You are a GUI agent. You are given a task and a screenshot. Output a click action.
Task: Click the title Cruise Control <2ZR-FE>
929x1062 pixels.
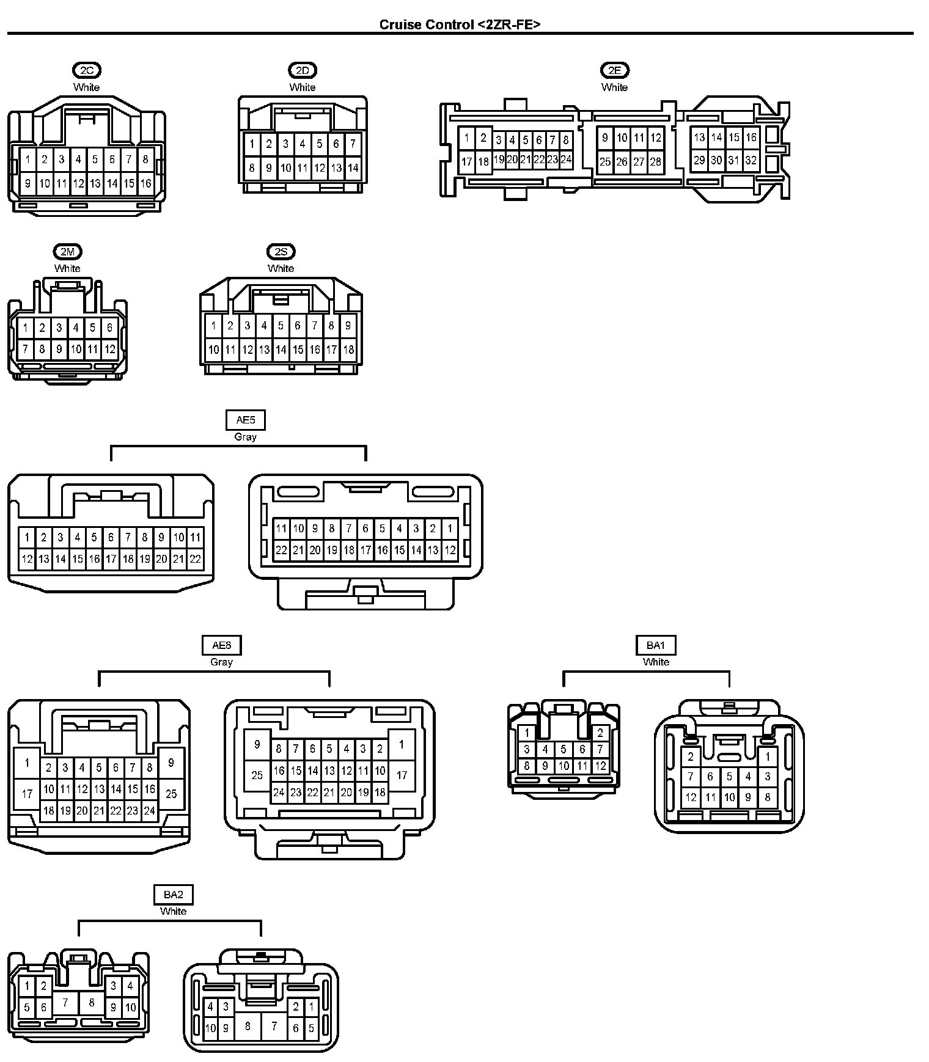tap(460, 24)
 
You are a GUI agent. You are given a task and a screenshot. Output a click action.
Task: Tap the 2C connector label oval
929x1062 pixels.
tap(86, 70)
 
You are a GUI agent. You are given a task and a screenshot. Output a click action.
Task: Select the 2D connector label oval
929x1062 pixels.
tap(303, 70)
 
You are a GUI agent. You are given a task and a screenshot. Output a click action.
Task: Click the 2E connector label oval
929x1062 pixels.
tap(614, 70)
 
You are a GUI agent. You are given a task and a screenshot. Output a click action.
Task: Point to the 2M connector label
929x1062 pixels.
tap(67, 252)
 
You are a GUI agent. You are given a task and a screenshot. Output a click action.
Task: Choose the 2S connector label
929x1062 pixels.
tap(281, 252)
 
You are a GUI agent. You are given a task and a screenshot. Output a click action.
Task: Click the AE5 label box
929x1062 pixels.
tap(245, 420)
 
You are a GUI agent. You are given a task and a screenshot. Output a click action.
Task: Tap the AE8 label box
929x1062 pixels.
tap(221, 645)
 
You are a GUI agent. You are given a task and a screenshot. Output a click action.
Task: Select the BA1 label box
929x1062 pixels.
tap(656, 645)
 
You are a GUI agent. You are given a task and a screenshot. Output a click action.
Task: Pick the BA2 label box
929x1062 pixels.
tap(173, 895)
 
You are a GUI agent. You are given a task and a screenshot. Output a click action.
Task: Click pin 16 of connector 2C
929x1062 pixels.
tap(145, 183)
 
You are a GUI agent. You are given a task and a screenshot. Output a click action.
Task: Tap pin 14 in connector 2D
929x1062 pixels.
tap(353, 167)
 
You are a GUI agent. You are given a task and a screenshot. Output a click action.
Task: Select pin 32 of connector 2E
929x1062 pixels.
tap(751, 161)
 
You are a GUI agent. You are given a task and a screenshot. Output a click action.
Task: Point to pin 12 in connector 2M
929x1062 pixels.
tap(109, 350)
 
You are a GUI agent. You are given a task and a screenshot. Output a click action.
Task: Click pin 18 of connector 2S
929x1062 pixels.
tap(348, 350)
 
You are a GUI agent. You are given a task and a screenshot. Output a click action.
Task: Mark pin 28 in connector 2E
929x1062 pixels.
tap(655, 162)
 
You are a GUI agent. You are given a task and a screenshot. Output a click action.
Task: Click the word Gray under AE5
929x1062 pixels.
tap(245, 437)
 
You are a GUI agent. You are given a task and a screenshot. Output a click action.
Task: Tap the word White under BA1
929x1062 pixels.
tap(656, 662)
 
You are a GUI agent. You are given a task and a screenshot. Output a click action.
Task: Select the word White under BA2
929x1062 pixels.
tap(173, 911)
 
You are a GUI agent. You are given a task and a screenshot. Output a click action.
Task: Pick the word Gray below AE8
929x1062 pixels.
tap(221, 662)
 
